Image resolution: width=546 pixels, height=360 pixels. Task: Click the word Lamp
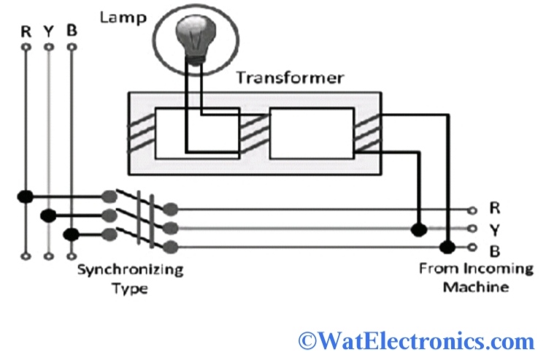pos(121,15)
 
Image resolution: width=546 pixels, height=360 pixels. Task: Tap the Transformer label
pos(289,78)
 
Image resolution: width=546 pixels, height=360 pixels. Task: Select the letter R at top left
pos(26,31)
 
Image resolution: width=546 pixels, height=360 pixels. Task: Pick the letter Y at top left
pos(48,31)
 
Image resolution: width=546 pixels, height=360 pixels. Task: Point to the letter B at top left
pos(72,31)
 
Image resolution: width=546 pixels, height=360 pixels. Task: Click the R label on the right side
pos(494,208)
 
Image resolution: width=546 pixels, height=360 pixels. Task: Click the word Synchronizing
pos(131,269)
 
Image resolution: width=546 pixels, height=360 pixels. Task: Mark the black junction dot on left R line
pos(26,196)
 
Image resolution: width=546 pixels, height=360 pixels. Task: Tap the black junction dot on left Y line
pos(48,215)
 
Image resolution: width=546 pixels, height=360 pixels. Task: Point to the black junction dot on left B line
pos(72,234)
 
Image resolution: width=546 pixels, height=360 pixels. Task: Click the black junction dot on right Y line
pos(418,229)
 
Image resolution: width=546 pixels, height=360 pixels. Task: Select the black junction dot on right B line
pos(446,247)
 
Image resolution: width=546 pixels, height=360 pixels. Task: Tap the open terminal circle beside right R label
pos(473,210)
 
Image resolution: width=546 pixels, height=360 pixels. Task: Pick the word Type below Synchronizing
pos(130,288)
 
